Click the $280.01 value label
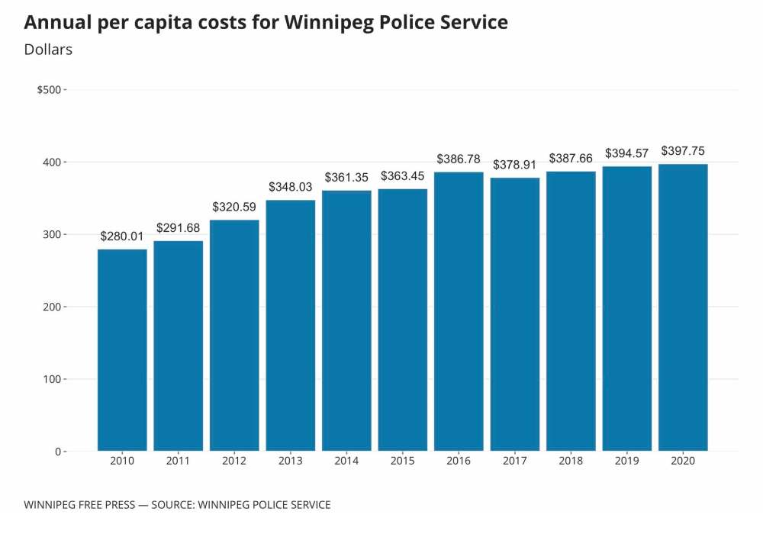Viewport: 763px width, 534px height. point(122,236)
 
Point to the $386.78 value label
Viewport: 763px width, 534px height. point(459,159)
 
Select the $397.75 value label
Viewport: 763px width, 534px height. point(683,150)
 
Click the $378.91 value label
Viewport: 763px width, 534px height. point(515,165)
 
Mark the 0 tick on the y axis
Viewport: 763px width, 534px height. point(57,452)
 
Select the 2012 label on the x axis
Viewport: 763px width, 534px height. point(234,462)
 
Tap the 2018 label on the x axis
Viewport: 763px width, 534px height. point(571,462)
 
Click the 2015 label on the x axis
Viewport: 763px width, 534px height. point(403,462)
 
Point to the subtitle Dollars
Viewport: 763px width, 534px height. point(48,50)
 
